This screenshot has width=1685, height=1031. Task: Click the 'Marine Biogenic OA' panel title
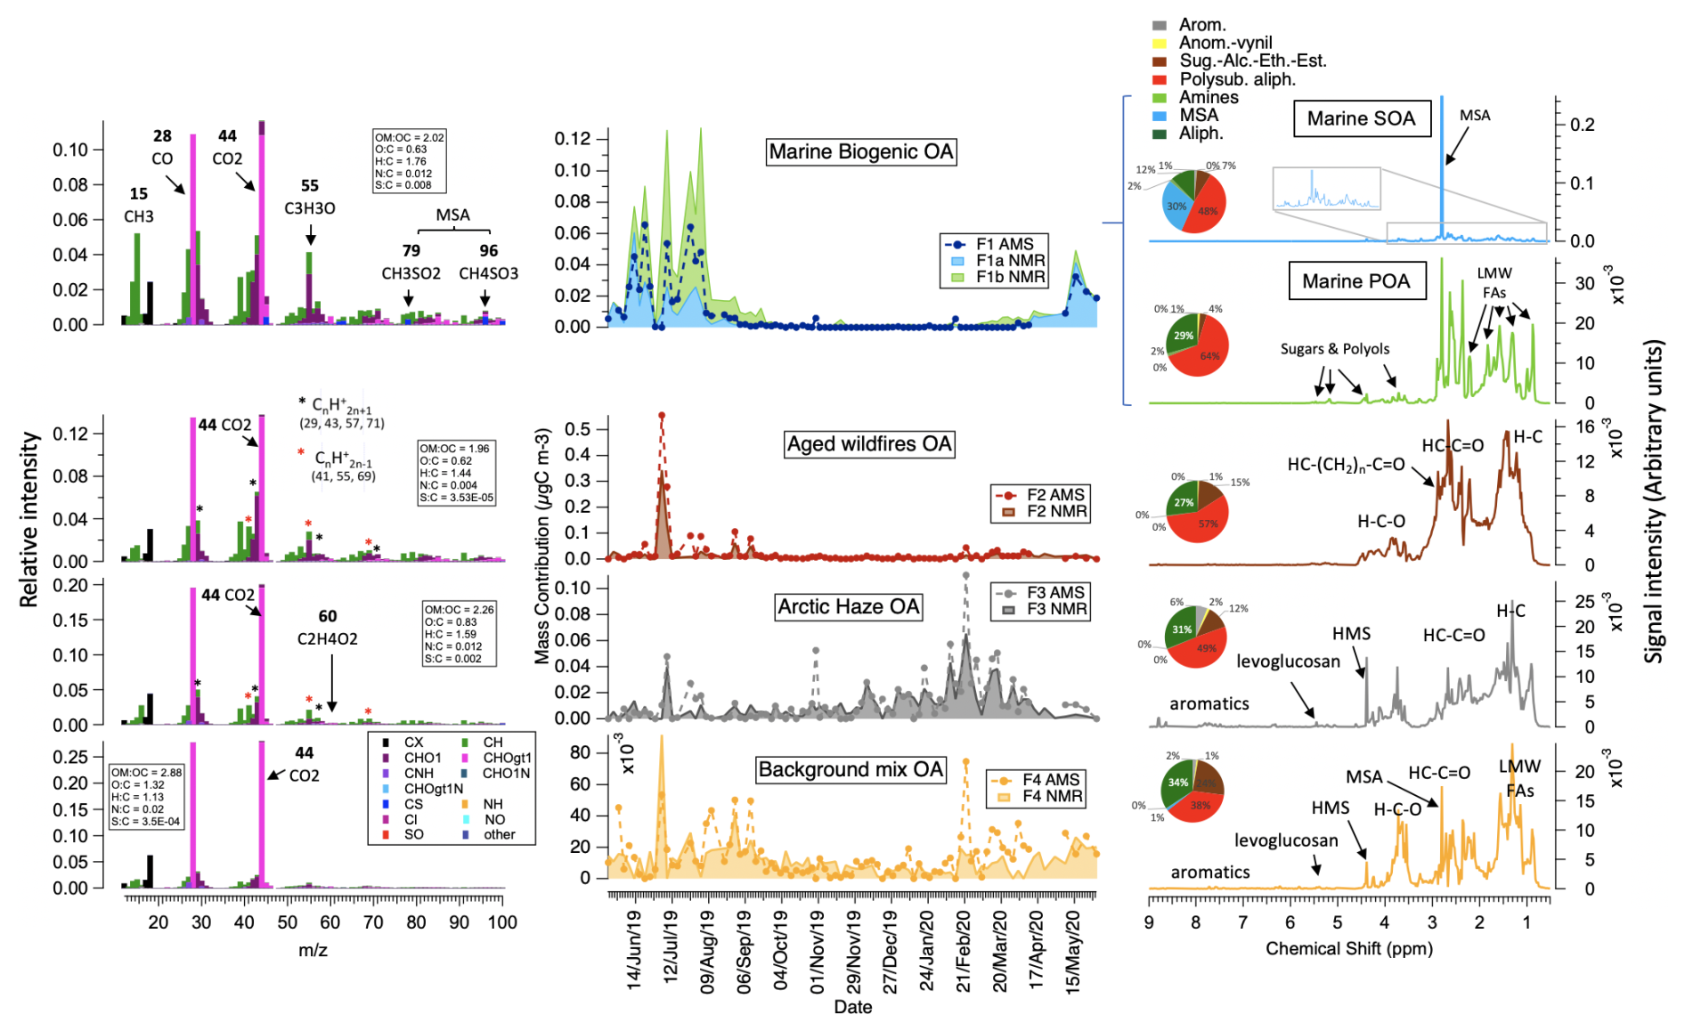click(860, 152)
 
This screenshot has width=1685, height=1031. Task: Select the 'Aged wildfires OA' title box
click(868, 444)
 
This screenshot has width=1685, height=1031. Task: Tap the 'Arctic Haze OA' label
click(848, 607)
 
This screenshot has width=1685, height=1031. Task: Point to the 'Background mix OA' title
click(851, 770)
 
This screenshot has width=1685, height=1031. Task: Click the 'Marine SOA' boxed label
click(1361, 119)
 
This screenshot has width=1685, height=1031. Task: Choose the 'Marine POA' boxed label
click(1355, 281)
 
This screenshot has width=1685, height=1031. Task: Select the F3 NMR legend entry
click(1055, 609)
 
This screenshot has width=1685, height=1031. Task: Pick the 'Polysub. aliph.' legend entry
click(1237, 79)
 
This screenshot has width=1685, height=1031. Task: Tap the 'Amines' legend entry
click(1209, 97)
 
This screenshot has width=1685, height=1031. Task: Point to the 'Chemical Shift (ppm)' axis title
click(1348, 948)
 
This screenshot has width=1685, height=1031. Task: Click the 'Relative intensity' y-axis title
click(29, 519)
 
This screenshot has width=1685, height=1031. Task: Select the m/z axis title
click(313, 950)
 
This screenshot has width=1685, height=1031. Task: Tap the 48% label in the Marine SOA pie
click(1208, 212)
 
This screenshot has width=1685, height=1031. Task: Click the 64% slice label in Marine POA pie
click(1209, 356)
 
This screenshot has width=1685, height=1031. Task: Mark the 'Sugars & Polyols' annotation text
click(1334, 349)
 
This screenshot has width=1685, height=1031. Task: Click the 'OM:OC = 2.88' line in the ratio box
click(146, 772)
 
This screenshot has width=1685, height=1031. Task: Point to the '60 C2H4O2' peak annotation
click(328, 628)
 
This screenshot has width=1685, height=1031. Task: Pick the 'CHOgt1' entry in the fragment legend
click(507, 758)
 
